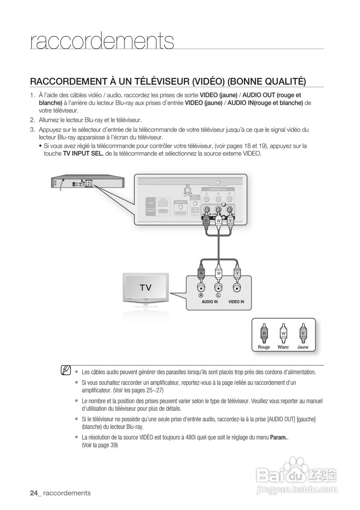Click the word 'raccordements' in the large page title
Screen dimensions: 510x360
click(x=102, y=41)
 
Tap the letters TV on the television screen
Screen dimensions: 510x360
click(x=145, y=288)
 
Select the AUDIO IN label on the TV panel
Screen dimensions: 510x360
click(x=210, y=302)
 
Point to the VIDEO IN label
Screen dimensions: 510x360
click(x=236, y=302)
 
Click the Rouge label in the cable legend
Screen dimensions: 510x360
click(x=264, y=347)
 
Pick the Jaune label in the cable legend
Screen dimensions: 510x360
click(x=303, y=347)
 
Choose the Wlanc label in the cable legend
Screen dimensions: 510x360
click(x=283, y=347)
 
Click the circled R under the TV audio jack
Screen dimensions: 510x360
click(x=201, y=296)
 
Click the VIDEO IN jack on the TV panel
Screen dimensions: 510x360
click(x=237, y=288)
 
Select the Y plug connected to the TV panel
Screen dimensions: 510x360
click(x=237, y=273)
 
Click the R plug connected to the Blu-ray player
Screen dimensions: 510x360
click(x=206, y=220)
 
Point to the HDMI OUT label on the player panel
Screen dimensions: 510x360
click(x=181, y=202)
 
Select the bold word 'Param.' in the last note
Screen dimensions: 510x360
click(x=279, y=437)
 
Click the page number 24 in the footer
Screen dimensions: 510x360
click(x=34, y=493)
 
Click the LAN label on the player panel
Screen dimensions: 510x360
click(x=151, y=203)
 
